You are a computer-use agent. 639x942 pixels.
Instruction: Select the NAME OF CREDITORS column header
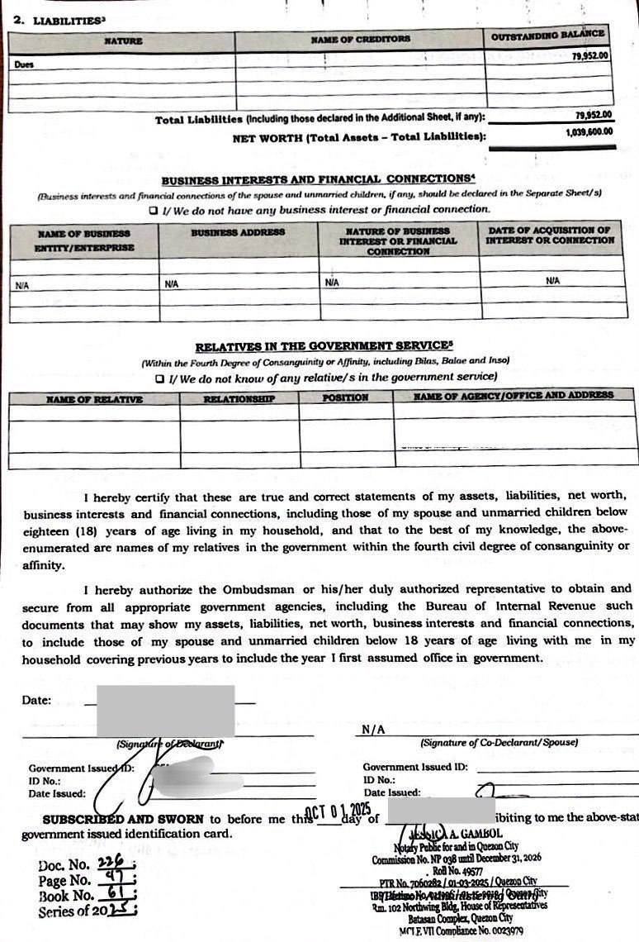pos(360,39)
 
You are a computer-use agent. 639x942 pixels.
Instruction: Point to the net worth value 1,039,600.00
pos(589,131)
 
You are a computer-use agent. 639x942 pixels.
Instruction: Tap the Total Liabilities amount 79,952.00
pos(593,115)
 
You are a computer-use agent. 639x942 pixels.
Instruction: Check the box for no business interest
pos(154,210)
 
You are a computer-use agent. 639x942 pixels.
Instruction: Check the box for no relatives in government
pos(160,378)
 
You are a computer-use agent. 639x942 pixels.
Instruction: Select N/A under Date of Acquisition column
pos(553,281)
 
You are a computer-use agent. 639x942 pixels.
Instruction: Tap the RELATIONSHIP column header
pos(239,399)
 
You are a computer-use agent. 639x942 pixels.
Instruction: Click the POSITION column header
pos(345,398)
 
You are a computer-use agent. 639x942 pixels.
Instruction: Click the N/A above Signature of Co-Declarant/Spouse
pos(373,730)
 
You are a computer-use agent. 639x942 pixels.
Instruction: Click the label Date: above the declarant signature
pos(36,700)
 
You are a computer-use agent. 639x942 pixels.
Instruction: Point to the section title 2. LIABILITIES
pos(59,20)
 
